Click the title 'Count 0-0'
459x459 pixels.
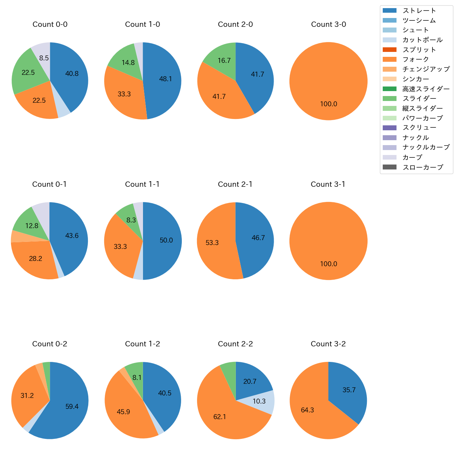click(x=50, y=24)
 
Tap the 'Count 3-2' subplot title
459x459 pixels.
click(x=328, y=344)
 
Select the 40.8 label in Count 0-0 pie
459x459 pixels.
click(x=72, y=74)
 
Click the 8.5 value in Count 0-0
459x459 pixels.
click(x=44, y=58)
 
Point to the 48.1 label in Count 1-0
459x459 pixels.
click(x=165, y=79)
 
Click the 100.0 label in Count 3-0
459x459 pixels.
click(x=328, y=104)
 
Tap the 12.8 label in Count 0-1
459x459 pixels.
click(x=31, y=226)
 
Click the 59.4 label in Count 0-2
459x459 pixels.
click(x=72, y=407)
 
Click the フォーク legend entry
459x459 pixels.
click(x=416, y=59)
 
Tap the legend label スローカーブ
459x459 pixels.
click(x=423, y=167)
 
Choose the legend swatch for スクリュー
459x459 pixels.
click(x=389, y=128)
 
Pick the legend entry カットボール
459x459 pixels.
click(x=422, y=40)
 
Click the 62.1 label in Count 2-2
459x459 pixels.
click(x=220, y=417)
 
